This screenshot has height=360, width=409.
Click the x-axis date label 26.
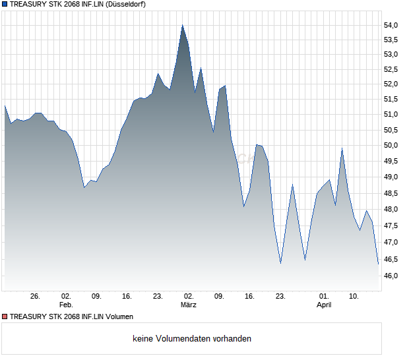[36, 297]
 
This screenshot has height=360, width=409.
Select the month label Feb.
[65, 305]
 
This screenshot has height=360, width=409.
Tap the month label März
[189, 305]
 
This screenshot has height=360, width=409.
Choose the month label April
[324, 305]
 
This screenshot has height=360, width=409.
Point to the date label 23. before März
[158, 297]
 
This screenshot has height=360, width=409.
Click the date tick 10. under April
[354, 297]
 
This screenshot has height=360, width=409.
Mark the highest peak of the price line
[183, 25]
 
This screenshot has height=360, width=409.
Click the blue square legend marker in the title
[5, 4]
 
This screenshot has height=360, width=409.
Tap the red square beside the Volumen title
[5, 316]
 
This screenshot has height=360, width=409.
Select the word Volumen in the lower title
[119, 316]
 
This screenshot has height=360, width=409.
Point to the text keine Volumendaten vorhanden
[192, 339]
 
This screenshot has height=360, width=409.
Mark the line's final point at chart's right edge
[379, 264]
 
